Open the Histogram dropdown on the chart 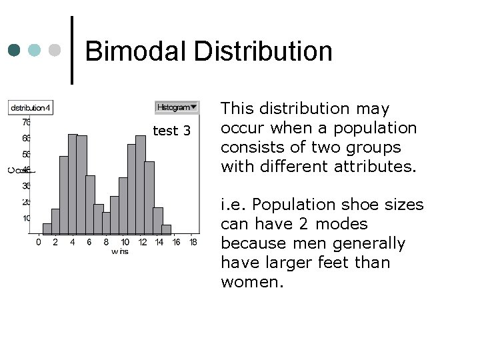pyautogui.click(x=177, y=107)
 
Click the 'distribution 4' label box pyautogui.click(x=29, y=107)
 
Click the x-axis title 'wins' pyautogui.click(x=120, y=251)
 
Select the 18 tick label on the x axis pyautogui.click(x=193, y=242)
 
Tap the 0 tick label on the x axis pyautogui.click(x=38, y=242)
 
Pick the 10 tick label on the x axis pyautogui.click(x=124, y=242)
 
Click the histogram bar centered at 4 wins pyautogui.click(x=73, y=183)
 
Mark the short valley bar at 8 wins pyautogui.click(x=107, y=223)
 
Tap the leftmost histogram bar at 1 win pyautogui.click(x=47, y=228)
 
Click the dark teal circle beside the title pyautogui.click(x=15, y=50)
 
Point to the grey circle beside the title pyautogui.click(x=56, y=50)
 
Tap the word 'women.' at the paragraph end pyautogui.click(x=252, y=282)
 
